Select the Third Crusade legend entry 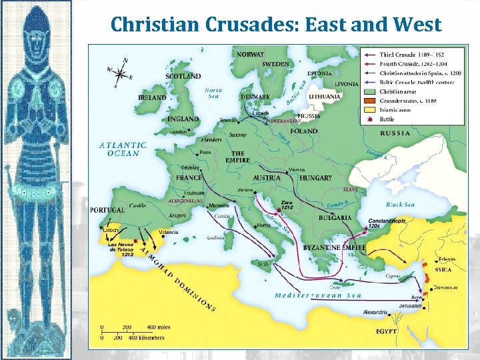pos(412,54)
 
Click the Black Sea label pos(400,205)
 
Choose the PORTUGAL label pos(107,209)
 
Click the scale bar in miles pos(133,327)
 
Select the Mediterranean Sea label pos(318,295)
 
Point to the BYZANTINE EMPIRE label pos(335,247)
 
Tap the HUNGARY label pos(316,178)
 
